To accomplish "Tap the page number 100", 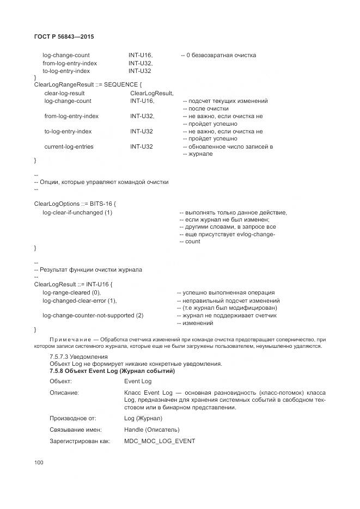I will click(39, 463).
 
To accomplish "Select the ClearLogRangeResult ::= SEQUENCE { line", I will click(88, 85).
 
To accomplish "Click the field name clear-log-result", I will click(64, 93).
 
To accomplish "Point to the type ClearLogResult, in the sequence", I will click(151, 93).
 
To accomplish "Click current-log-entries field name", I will click(69, 146).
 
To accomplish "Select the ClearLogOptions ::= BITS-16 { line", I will click(75, 204).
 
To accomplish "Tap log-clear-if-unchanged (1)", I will click(77, 212).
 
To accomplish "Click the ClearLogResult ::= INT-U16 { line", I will click(73, 284).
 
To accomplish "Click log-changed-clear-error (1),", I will click(80, 301).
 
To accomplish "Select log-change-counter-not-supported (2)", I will click(93, 315).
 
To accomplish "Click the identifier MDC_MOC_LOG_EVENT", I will click(159, 441).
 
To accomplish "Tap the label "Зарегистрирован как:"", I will click(80, 441).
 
